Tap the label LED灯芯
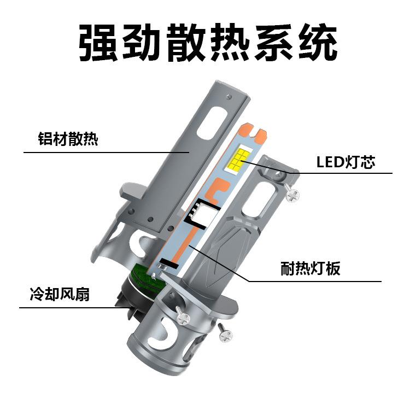pos(345,162)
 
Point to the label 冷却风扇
pos(60,296)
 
